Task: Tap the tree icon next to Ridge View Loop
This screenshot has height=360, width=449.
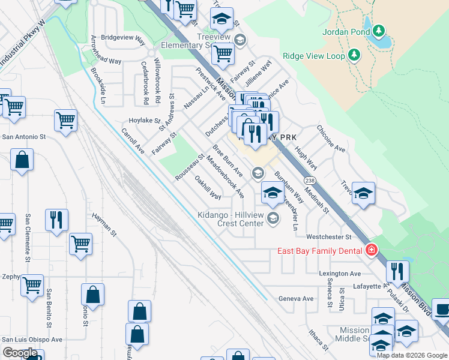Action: (x=354, y=56)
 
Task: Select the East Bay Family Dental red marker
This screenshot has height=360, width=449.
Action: (x=372, y=250)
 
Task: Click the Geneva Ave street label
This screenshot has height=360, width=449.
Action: (x=296, y=298)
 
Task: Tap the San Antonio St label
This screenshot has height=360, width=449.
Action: (x=24, y=137)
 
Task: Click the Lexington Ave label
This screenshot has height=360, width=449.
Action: (x=339, y=273)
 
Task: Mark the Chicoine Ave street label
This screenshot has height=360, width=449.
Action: (x=331, y=139)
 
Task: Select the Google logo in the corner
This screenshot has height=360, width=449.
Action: (x=20, y=353)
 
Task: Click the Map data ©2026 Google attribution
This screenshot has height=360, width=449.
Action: (x=411, y=355)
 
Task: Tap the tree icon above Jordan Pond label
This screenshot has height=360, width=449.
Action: (x=378, y=30)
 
